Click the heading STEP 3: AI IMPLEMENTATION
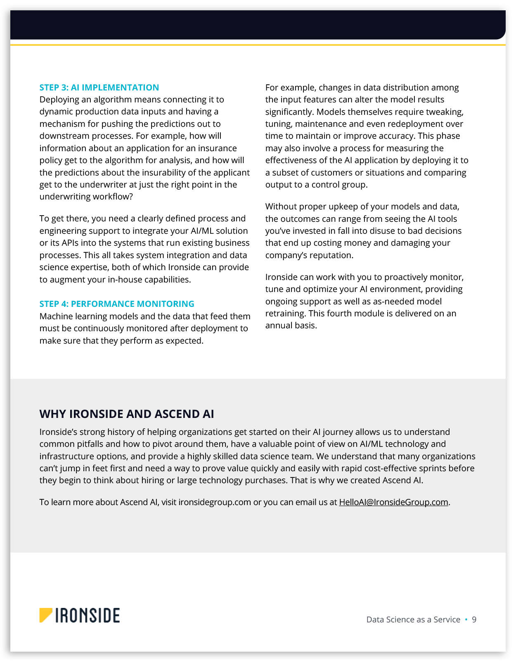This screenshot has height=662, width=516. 99,88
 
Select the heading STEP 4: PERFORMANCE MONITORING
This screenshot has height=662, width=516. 117,304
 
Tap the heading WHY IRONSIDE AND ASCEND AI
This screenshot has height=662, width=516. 127,414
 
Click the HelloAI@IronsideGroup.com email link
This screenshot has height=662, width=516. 393,502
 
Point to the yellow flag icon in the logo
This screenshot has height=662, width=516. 45,615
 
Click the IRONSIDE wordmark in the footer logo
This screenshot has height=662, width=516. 88,615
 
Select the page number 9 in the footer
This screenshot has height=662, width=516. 474,619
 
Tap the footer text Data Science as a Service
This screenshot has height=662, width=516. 413,619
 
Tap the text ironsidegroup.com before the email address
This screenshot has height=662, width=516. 215,502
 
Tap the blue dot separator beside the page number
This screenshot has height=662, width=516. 466,619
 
